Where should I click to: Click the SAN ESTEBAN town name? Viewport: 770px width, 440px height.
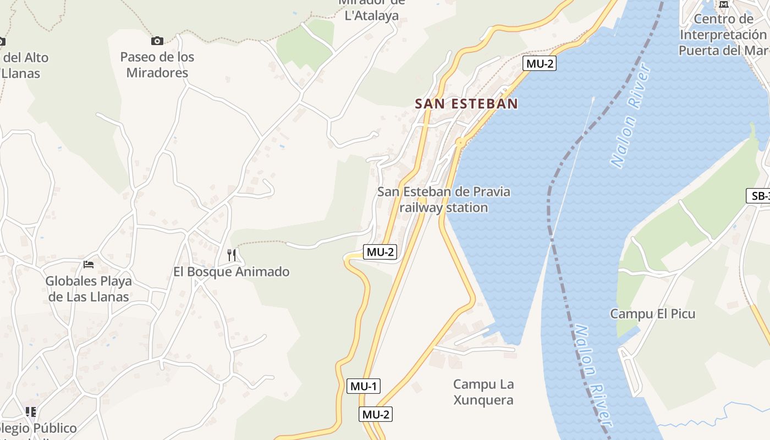466,103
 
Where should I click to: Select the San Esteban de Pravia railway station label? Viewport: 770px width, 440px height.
443,200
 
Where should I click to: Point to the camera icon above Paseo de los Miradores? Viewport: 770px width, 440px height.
157,41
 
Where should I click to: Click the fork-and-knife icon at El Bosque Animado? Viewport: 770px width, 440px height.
232,255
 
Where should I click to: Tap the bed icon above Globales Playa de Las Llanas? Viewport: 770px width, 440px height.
88,265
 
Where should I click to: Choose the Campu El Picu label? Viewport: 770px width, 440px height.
652,314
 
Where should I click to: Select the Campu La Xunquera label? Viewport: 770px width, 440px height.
483,392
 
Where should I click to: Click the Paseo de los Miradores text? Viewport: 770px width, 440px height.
157,65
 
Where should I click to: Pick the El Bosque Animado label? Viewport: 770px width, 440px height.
231,272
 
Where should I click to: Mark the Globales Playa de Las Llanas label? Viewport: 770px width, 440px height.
89,289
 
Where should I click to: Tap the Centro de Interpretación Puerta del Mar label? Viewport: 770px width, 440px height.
723,35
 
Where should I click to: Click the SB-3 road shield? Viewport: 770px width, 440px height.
759,196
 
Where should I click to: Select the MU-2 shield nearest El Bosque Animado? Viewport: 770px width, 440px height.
380,252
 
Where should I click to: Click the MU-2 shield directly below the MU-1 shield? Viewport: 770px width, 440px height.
376,414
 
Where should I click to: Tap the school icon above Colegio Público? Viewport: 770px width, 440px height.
31,411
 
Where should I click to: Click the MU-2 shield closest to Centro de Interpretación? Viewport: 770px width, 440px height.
539,63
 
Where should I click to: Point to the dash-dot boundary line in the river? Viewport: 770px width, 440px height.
551,220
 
